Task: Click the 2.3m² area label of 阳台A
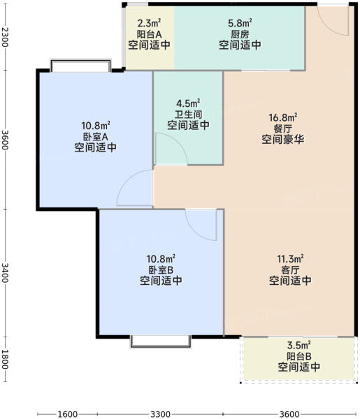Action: [x=149, y=23]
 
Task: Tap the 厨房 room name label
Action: [x=240, y=34]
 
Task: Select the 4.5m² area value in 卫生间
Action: [x=188, y=103]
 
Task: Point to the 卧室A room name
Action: [x=96, y=137]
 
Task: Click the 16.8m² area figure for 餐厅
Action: [x=283, y=117]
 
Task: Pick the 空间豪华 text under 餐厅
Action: [x=283, y=139]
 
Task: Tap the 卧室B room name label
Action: [x=161, y=270]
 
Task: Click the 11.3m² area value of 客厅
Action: [x=290, y=259]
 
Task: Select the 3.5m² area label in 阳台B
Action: [x=298, y=345]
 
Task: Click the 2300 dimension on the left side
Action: [x=5, y=37]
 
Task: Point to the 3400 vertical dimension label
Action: [x=5, y=273]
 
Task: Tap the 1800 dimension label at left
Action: [x=5, y=360]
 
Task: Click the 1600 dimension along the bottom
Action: [x=68, y=414]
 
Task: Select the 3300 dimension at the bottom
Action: [x=160, y=414]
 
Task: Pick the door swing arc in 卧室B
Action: [x=194, y=231]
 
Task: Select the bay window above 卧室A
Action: [x=80, y=66]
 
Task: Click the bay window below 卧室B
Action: [x=161, y=341]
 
